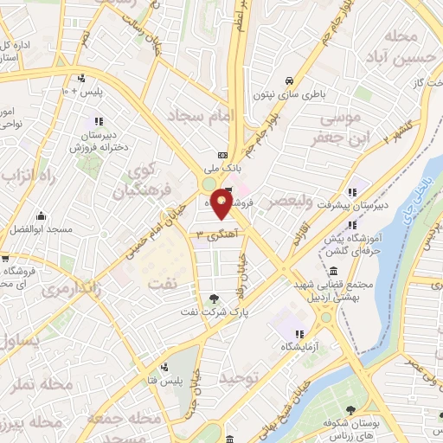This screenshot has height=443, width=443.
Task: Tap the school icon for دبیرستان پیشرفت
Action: (352, 192)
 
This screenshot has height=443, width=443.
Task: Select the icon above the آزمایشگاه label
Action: (299, 334)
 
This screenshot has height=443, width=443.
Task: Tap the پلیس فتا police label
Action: (164, 381)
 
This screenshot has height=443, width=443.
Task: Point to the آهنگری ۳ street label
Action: (216, 234)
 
